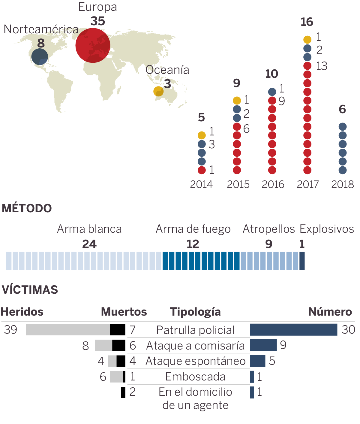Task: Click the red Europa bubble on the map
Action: (x=93, y=45)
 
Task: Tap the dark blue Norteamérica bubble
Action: (x=40, y=56)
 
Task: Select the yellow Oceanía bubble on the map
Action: (x=158, y=91)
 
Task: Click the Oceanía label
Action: (x=167, y=70)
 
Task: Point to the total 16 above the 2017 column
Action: (x=307, y=22)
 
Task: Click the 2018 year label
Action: (x=342, y=184)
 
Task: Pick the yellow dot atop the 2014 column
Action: (x=202, y=135)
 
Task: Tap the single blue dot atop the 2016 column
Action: (x=272, y=92)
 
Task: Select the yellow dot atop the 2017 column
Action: (x=307, y=40)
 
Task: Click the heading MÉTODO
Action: (x=27, y=208)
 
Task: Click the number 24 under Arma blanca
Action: (x=89, y=244)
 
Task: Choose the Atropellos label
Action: (x=269, y=229)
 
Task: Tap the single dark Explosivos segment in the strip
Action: (x=302, y=261)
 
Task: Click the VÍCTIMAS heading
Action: (x=30, y=290)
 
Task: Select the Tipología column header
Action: (x=195, y=312)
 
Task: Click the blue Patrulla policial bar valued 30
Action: (x=294, y=330)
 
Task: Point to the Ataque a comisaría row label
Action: (x=195, y=346)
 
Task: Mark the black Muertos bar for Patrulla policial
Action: (x=118, y=330)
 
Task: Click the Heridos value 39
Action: (x=11, y=330)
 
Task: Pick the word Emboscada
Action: (x=195, y=377)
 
